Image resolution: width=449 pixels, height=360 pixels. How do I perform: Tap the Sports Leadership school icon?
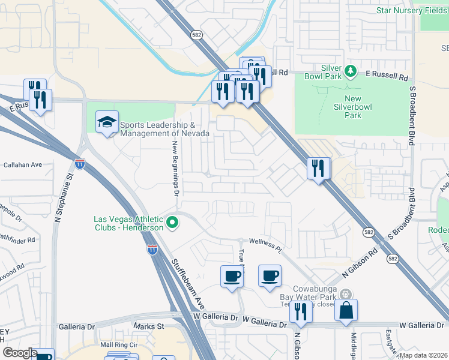click(x=107, y=124)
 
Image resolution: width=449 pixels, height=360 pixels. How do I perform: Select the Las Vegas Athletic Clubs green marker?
click(x=172, y=223)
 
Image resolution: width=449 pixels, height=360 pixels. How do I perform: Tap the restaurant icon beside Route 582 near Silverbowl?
click(x=319, y=168)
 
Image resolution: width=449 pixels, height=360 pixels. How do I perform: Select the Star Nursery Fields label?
click(x=412, y=10)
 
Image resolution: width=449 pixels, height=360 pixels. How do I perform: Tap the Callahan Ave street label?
click(x=23, y=164)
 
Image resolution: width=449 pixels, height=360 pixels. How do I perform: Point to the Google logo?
click(x=19, y=353)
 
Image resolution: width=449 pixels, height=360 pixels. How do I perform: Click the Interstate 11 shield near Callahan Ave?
click(x=80, y=163)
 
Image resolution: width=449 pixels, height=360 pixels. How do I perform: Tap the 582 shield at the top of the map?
click(x=196, y=35)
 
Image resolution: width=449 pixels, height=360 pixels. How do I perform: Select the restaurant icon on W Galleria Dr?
click(x=301, y=312)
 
